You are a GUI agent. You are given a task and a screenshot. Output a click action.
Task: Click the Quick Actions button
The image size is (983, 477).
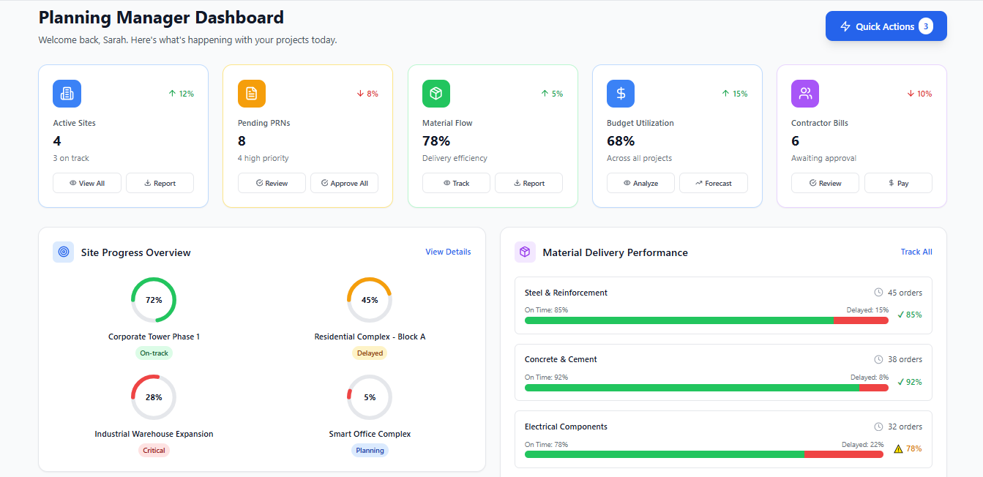(x=886, y=26)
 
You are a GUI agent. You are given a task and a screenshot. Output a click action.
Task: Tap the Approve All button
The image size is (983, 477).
(x=344, y=183)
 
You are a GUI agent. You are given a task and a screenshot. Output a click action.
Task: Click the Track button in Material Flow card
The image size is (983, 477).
(x=456, y=183)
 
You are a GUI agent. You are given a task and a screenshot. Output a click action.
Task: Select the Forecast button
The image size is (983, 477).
(x=713, y=183)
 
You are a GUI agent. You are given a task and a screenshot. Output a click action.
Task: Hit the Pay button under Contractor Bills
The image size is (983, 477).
(x=898, y=183)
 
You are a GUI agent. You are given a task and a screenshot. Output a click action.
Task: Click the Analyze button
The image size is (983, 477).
(x=640, y=183)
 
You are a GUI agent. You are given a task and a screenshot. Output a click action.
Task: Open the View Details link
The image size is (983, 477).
(x=448, y=252)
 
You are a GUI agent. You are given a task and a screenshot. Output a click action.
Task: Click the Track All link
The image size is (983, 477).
(x=916, y=252)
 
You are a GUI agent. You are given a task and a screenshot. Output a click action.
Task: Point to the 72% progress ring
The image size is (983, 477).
(x=154, y=300)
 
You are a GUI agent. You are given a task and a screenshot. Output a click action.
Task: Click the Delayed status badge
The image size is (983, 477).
(x=370, y=353)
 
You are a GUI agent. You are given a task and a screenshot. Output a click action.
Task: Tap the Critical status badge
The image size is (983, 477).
(x=154, y=450)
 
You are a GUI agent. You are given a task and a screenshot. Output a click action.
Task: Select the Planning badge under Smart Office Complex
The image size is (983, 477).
(x=370, y=450)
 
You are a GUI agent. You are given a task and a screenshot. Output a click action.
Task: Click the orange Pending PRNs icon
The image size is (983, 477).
(x=252, y=94)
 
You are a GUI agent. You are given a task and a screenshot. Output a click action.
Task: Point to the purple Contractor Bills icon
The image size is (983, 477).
(x=805, y=94)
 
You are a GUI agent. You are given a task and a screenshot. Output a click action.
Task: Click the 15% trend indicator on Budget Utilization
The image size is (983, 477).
(x=734, y=94)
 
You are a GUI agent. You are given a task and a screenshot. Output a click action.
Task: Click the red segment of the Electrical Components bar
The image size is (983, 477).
(x=843, y=454)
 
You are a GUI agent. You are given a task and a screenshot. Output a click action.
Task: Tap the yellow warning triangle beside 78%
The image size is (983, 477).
(x=898, y=449)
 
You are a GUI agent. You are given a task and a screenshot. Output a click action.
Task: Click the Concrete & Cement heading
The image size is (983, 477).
(x=561, y=359)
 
